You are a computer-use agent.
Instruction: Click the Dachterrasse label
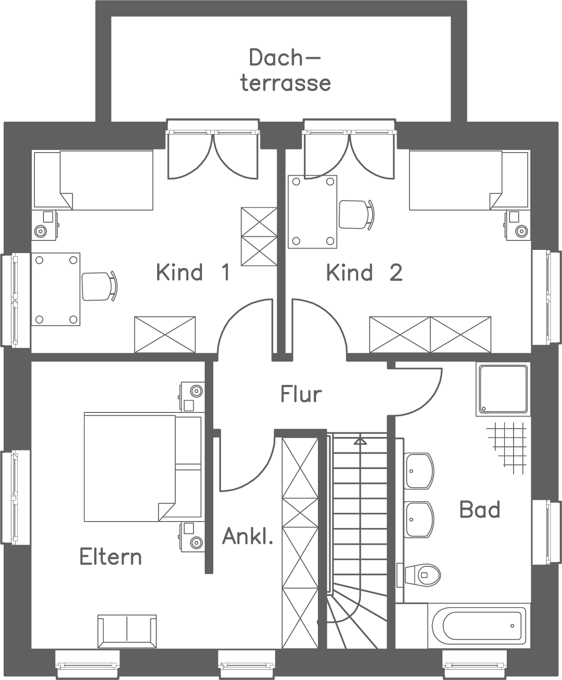pyautogui.click(x=285, y=71)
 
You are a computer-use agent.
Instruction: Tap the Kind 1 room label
pyautogui.click(x=193, y=273)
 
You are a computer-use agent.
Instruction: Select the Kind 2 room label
pyautogui.click(x=364, y=273)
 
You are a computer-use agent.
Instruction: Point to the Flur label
pyautogui.click(x=301, y=394)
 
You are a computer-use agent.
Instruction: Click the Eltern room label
pyautogui.click(x=110, y=556)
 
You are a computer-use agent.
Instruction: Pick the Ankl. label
pyautogui.click(x=248, y=537)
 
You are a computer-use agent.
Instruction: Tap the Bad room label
pyautogui.click(x=480, y=509)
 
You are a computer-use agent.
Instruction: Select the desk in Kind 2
pyautogui.click(x=313, y=212)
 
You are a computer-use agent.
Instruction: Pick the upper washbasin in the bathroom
pyautogui.click(x=419, y=471)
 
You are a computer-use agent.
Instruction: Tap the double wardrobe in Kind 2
pyautogui.click(x=430, y=334)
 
